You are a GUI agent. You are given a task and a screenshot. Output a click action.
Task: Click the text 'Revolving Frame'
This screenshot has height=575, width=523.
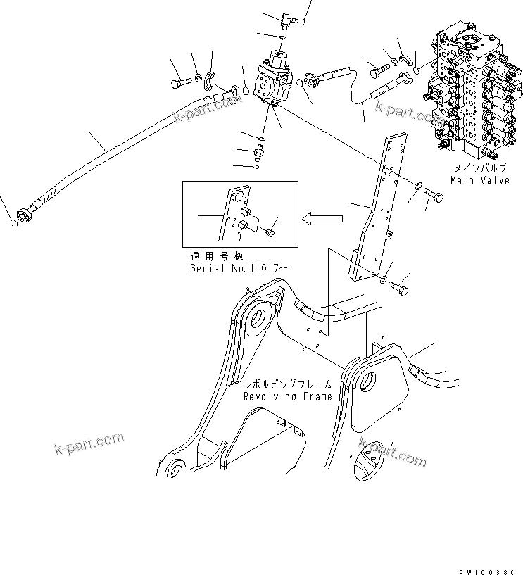pos(287,396)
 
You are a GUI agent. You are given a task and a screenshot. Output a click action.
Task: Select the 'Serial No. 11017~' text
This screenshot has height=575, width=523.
pos(239,268)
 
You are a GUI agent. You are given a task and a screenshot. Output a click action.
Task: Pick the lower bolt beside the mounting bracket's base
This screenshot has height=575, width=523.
pos(401,287)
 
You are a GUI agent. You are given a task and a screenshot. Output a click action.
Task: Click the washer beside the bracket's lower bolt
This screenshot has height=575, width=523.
pos(382,281)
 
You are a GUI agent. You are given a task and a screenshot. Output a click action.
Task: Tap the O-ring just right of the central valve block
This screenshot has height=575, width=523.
pos(301,84)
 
